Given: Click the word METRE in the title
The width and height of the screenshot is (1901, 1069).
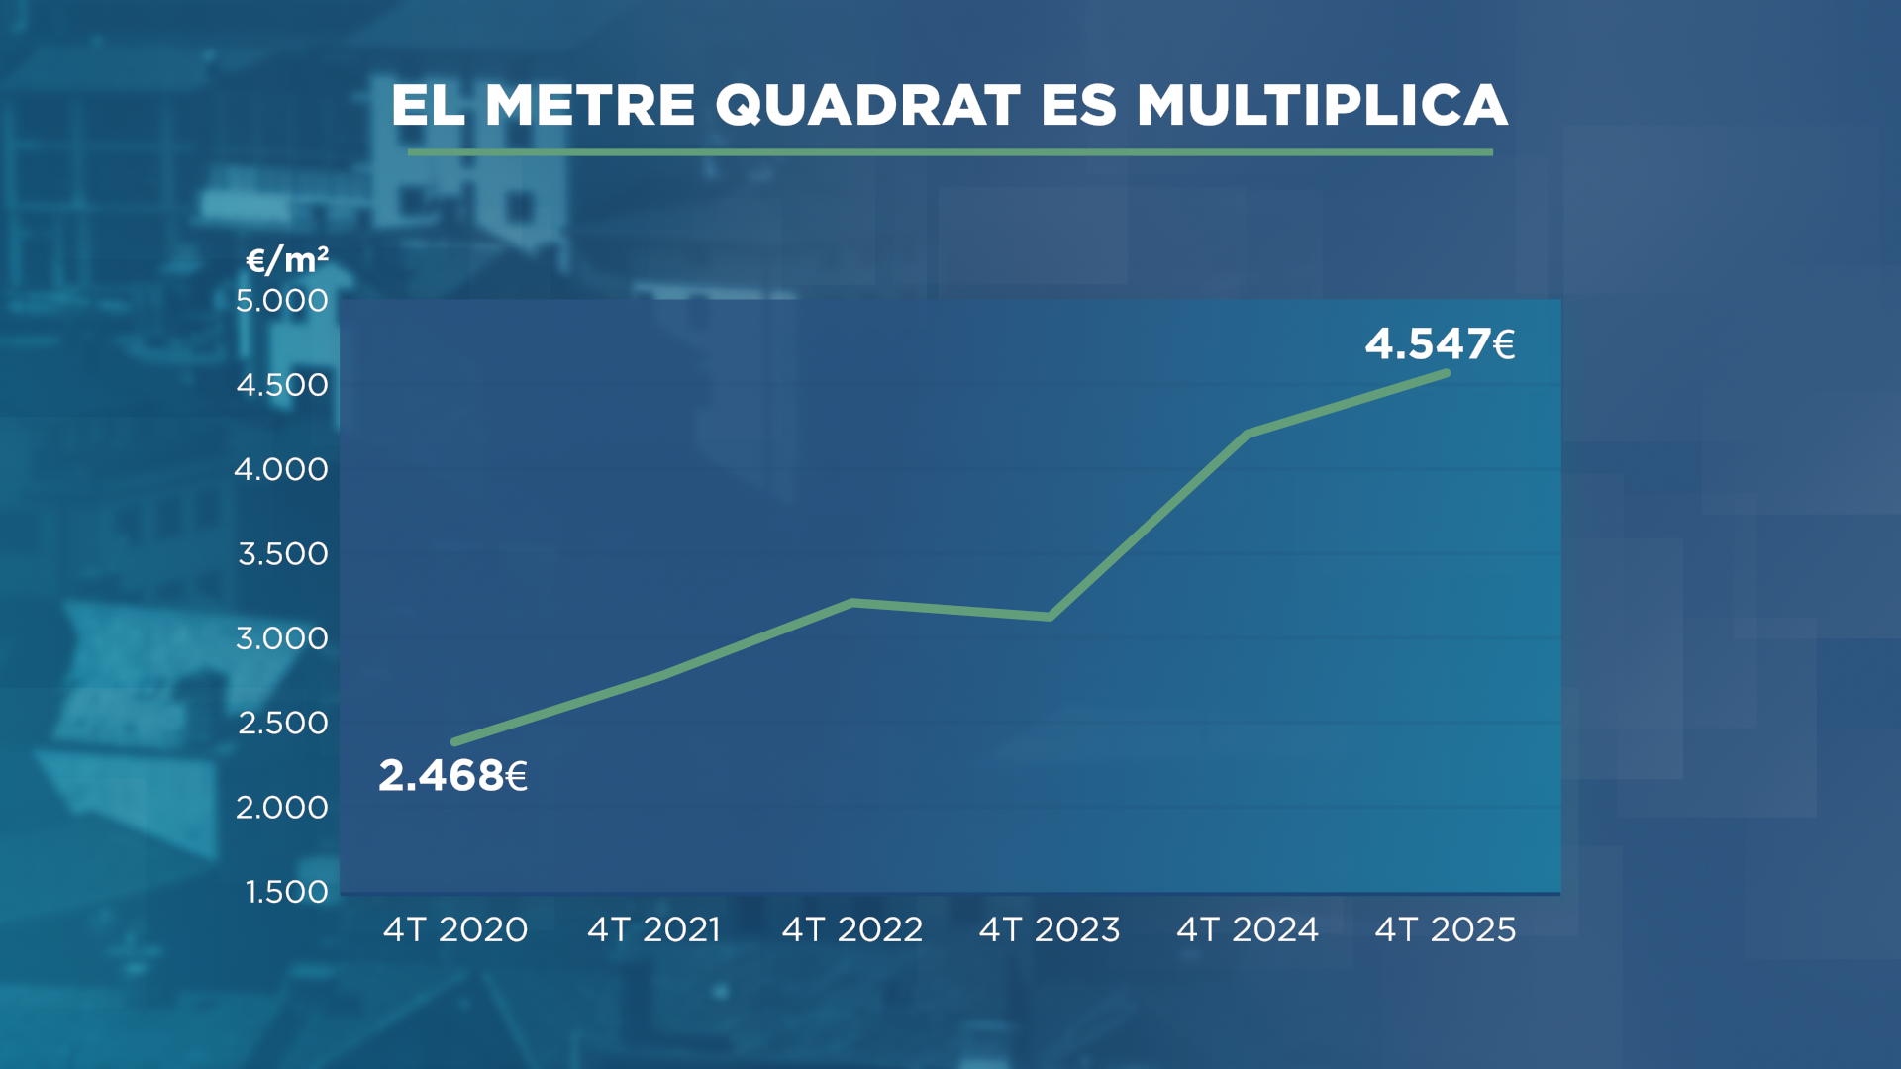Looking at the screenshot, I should point(590,105).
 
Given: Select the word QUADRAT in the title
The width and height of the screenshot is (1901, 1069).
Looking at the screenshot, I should point(867,105).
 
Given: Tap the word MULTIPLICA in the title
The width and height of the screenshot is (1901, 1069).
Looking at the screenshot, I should point(1322,105).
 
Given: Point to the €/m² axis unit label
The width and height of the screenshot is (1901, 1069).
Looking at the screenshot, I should point(287,260).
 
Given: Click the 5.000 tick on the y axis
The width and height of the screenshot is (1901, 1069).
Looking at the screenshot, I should point(282,300).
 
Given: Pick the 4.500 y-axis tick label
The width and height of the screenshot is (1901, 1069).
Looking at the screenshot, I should point(282,385).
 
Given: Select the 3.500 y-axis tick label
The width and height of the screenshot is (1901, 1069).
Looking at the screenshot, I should point(283,554).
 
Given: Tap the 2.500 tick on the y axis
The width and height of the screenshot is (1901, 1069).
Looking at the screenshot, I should point(283,723).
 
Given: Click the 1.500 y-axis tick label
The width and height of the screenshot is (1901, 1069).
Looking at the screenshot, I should point(287,892).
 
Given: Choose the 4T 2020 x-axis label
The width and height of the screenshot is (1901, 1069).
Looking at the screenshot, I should point(455,929).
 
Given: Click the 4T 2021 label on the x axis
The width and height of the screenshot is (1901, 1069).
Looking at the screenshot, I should point(653,929).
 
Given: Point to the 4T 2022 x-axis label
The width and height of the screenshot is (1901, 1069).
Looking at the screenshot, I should point(852,929).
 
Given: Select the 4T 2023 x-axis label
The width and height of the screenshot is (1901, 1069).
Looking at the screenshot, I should point(1050,929).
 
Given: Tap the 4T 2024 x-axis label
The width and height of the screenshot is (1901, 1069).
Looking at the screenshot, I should point(1248,929).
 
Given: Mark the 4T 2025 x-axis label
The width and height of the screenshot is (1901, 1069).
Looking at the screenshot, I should point(1446,929).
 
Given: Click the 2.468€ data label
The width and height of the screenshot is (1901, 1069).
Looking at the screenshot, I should point(452,776).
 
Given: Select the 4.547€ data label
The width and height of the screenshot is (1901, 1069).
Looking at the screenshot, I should point(1440,344).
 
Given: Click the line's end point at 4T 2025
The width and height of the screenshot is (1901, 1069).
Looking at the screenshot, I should point(1447,373).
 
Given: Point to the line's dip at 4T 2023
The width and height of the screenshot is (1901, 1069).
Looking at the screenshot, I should point(1050,617).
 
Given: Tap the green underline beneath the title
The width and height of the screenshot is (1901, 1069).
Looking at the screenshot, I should point(950,152).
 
